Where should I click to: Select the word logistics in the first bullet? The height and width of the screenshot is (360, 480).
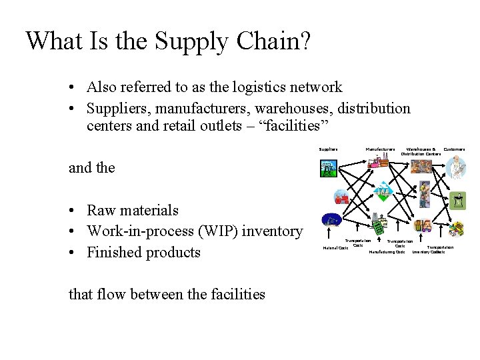pos(263,87)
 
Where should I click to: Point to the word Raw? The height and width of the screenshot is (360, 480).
pos(101,210)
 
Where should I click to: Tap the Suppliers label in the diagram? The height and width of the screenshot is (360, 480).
pos(329,149)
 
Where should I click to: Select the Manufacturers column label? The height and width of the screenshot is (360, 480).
pos(380,149)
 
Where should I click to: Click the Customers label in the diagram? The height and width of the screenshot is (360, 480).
pos(454,149)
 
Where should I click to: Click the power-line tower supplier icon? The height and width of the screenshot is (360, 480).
pos(328,169)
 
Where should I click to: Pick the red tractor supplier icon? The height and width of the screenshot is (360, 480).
pos(341,197)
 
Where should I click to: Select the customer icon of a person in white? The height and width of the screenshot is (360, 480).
pos(457,167)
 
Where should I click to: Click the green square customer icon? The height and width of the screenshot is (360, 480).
pos(457,199)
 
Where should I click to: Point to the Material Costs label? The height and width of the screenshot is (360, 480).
pos(335,248)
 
